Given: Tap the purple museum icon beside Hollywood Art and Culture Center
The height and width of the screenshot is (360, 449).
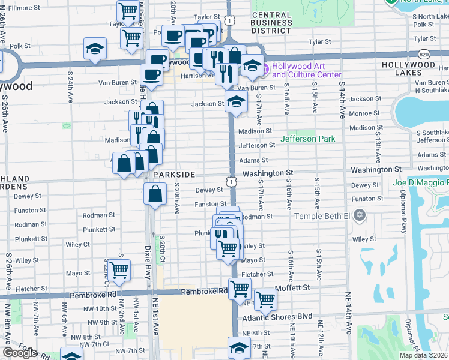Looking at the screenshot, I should click(265, 70).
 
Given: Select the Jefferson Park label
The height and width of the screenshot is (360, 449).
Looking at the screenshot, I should click(307, 139).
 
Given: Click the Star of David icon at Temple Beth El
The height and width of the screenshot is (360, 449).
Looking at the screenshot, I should click(360, 215).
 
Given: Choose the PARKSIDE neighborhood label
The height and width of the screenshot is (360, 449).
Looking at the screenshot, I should click(173, 174).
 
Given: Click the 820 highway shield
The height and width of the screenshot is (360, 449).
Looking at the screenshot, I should click(424, 53).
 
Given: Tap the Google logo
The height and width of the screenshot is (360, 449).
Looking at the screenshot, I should click(19, 353).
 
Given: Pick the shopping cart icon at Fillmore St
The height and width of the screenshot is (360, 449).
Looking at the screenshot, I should click(128, 10).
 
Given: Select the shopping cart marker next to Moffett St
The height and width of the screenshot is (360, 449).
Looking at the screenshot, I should click(265, 298).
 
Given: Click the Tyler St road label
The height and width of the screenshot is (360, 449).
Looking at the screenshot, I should click(319, 42).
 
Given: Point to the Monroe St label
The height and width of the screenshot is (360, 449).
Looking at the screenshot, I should click(363, 113).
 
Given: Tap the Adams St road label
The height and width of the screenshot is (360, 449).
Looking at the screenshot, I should click(253, 160).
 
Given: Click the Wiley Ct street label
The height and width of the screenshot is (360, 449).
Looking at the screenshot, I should click(79, 244).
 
